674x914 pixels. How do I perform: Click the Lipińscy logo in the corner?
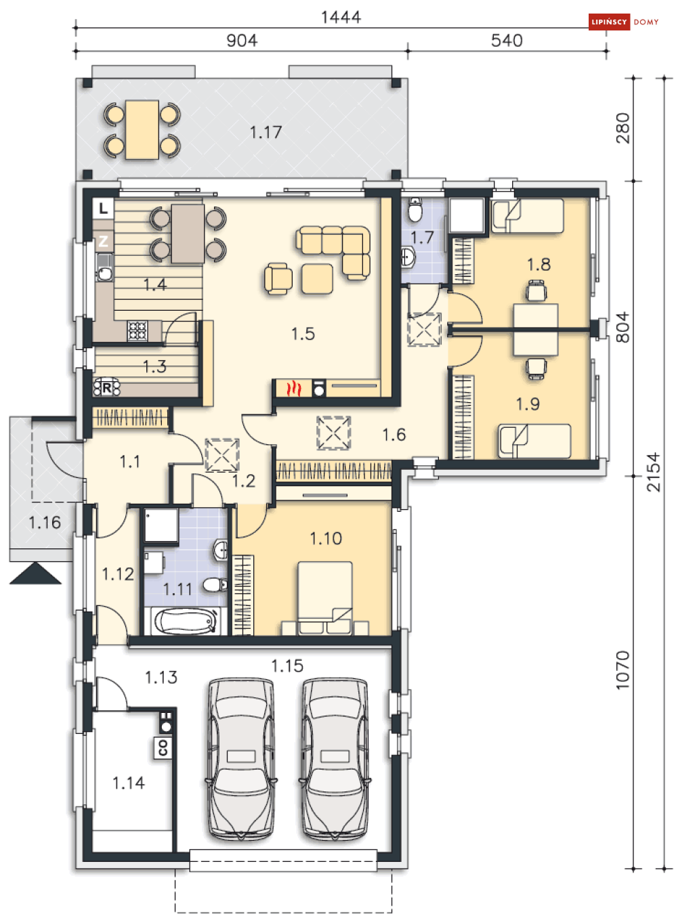click(x=623, y=22)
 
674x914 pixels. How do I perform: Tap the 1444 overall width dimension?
click(x=341, y=17)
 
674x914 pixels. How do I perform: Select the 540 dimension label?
click(x=507, y=41)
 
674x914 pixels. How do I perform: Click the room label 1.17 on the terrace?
click(x=266, y=132)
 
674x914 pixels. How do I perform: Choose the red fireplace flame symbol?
click(x=293, y=389)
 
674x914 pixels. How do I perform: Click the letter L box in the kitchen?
click(x=103, y=209)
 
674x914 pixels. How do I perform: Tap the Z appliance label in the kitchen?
click(x=103, y=241)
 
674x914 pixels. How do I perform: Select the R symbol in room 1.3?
click(x=107, y=387)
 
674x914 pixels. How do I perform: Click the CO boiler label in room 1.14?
click(x=163, y=747)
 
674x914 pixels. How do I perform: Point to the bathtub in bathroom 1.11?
click(x=186, y=621)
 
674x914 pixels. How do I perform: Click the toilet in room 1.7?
click(x=415, y=210)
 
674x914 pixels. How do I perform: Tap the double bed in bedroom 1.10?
click(x=325, y=599)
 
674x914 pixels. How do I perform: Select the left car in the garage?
click(x=241, y=760)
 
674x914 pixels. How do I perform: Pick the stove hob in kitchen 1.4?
click(x=137, y=330)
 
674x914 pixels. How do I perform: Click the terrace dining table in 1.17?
click(x=142, y=130)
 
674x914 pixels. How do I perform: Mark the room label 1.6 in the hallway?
click(x=394, y=435)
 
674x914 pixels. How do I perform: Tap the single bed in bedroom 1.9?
click(x=534, y=441)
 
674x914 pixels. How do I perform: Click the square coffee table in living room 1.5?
click(x=317, y=279)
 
